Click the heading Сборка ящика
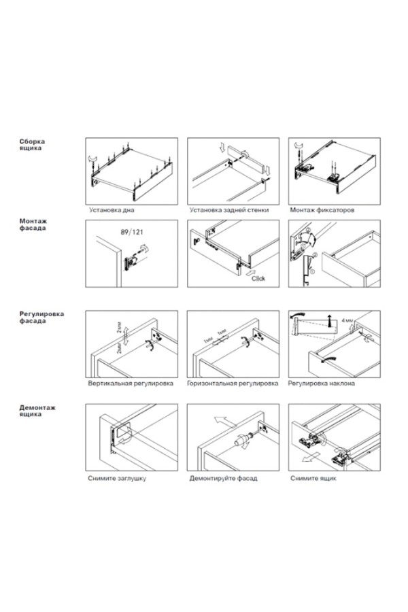pos(32,145)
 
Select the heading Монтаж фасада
pos(33,226)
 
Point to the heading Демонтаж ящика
pos(38,411)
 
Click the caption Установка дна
pos(112,211)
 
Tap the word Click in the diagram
pos(259,279)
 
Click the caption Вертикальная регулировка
pos(131,384)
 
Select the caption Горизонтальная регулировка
pos(234,384)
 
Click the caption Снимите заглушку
pos(117,478)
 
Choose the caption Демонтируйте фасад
pos(224,478)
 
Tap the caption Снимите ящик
pos(313,478)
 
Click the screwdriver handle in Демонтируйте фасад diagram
pos(239,440)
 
